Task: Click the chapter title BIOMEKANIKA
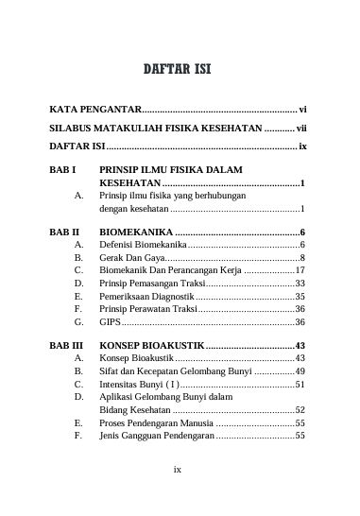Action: click(136, 232)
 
